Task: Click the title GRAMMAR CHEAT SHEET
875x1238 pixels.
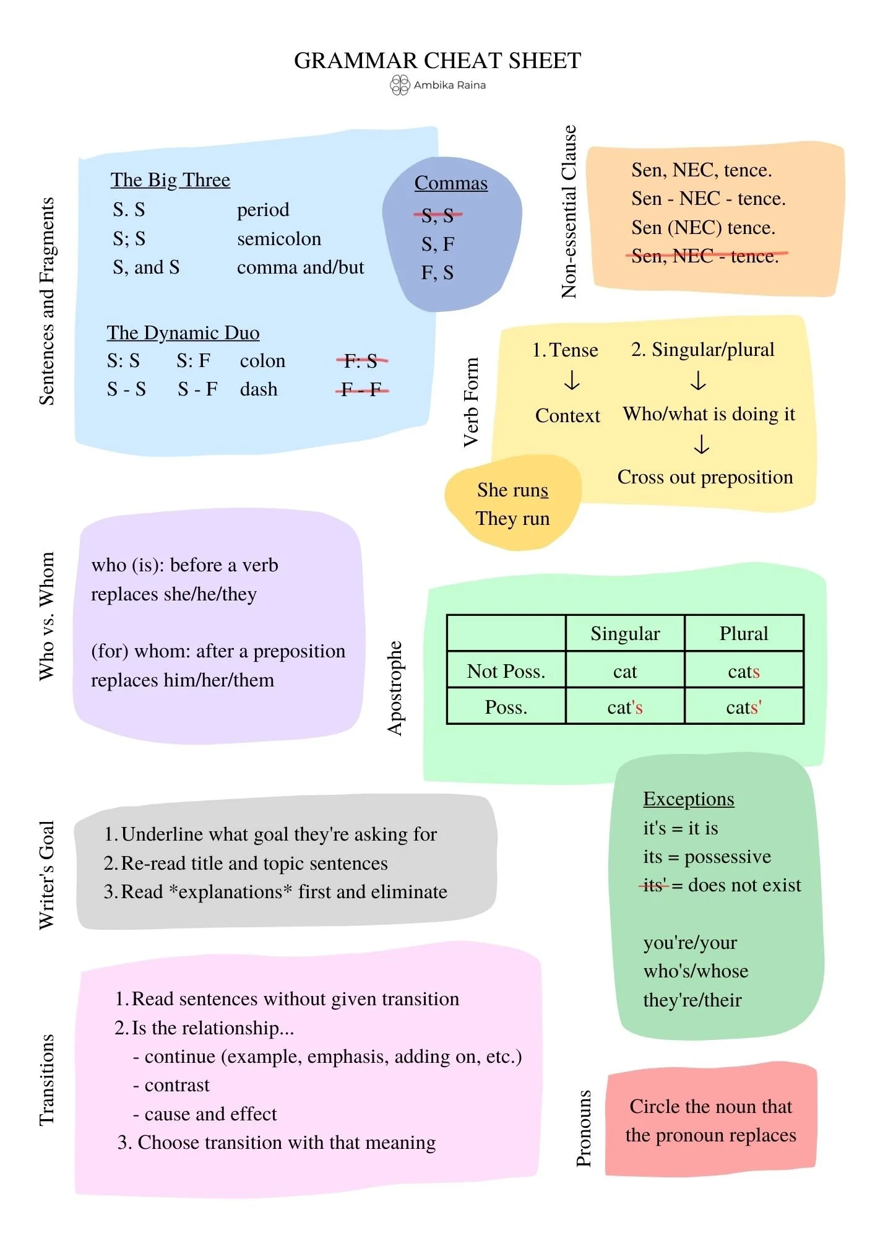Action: pos(437,61)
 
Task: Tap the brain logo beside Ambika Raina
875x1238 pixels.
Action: pos(400,85)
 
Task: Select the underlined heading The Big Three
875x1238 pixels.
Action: pos(170,180)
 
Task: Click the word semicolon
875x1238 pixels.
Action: pos(279,239)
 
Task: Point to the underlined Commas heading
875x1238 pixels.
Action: pos(450,183)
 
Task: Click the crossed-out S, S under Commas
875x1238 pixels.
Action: pos(437,215)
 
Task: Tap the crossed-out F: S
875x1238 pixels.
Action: pos(361,360)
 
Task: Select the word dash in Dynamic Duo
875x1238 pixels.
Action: pos(259,389)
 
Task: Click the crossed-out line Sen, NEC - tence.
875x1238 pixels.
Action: pos(705,256)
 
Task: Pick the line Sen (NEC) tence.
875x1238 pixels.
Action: pos(703,228)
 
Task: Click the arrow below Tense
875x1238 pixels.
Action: pos(572,380)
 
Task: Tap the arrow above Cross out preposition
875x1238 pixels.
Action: pos(701,444)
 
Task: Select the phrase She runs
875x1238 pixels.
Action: pos(512,490)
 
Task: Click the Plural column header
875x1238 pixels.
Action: pos(743,633)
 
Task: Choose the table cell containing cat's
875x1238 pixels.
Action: pos(625,707)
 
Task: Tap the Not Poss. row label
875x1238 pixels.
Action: pos(506,671)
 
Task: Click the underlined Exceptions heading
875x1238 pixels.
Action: pos(688,799)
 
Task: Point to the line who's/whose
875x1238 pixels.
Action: pos(696,971)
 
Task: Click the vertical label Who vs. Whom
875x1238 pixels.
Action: pos(47,617)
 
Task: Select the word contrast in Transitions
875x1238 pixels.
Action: pos(177,1085)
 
